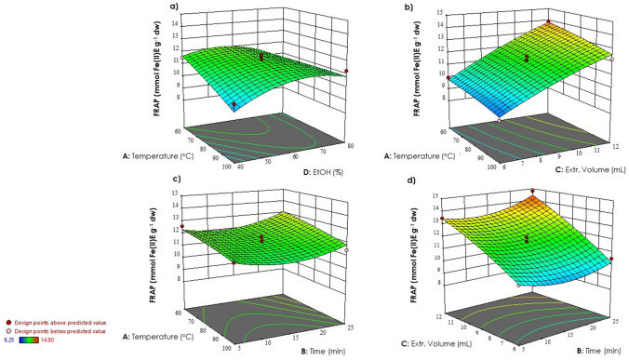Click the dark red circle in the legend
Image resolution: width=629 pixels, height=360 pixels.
point(7,320)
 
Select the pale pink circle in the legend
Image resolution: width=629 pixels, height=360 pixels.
point(7,331)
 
